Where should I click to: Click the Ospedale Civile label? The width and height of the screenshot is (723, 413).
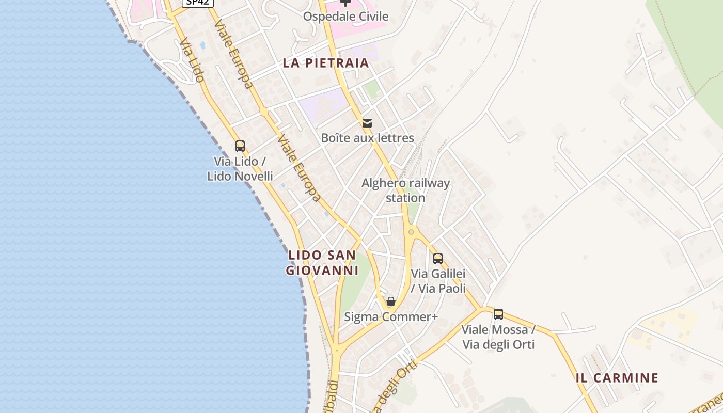345,17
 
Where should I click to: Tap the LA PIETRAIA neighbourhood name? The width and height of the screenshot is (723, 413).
326,63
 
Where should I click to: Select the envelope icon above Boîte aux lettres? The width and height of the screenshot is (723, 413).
367,123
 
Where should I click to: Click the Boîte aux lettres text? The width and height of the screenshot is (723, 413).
367,138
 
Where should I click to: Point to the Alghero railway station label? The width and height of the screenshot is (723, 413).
405,190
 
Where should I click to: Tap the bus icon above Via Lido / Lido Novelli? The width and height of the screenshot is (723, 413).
240,146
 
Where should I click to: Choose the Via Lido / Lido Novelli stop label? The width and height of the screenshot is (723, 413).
240,169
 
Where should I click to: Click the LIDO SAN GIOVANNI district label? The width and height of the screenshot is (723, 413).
322,263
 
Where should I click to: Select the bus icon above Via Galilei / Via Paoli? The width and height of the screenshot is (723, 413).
438,259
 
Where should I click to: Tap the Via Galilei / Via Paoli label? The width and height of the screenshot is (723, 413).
438,281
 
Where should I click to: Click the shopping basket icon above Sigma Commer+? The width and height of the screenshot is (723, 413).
391,301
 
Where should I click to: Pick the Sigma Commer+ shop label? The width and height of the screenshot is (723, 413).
391,317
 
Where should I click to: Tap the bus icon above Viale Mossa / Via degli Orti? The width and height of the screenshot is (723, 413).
498,314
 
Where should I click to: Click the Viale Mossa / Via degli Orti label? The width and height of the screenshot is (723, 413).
498,337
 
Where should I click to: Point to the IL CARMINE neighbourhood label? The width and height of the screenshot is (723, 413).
617,378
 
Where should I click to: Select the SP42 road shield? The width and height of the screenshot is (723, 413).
197,2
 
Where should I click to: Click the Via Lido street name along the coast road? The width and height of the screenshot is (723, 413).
192,60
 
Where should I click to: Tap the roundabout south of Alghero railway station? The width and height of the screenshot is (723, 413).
411,232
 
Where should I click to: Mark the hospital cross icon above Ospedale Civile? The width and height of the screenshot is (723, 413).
345,3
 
